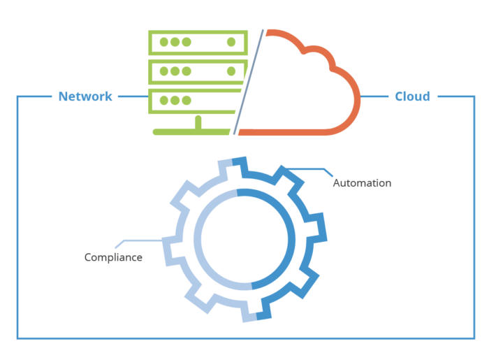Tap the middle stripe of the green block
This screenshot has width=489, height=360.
[199, 72]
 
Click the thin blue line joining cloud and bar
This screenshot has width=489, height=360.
[377, 96]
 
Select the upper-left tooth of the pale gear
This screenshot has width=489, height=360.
[180, 195]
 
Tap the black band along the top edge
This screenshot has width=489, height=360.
[245, 14]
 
